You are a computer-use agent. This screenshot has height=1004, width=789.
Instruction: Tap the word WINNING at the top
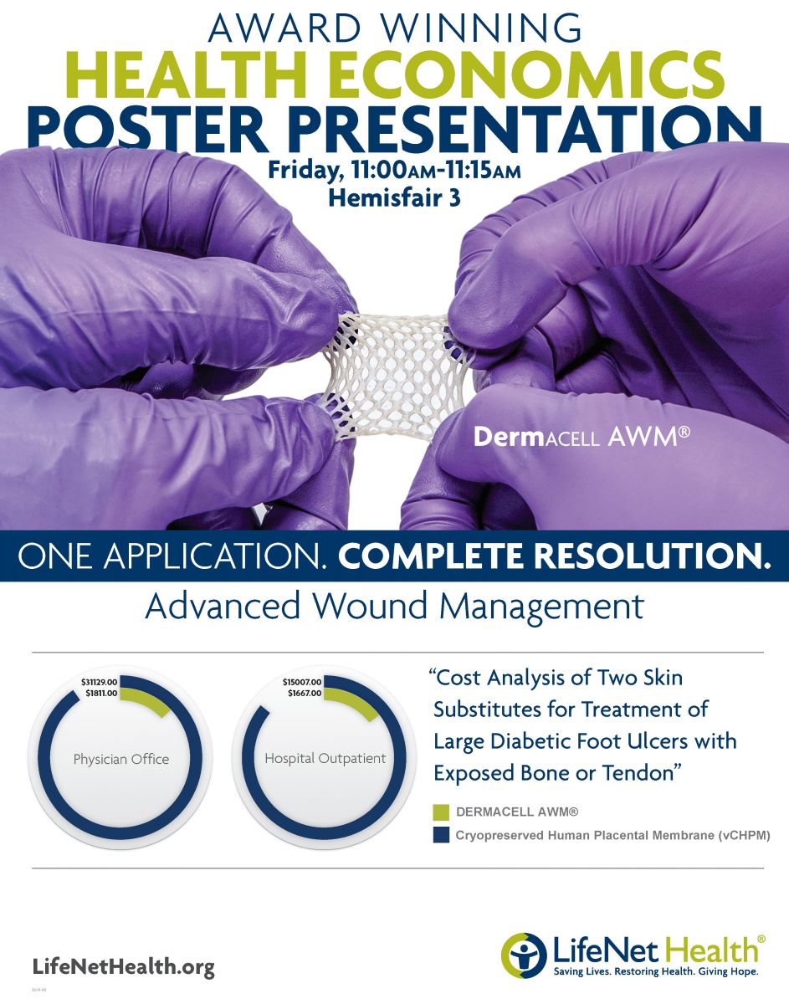482,28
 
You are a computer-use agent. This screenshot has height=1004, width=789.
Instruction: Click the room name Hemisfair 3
394,198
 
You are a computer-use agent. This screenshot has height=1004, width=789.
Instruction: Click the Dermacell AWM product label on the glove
582,437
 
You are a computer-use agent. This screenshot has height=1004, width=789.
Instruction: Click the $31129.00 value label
100,682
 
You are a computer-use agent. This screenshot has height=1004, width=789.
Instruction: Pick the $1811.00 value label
101,693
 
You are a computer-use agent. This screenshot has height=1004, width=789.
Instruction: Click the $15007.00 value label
302,682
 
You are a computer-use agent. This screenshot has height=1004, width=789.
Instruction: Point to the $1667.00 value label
305,693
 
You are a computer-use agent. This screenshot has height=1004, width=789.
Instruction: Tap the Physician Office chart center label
121,759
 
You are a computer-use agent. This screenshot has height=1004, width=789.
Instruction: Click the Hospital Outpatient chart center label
325,758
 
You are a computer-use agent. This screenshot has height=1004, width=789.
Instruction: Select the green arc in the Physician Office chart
147,698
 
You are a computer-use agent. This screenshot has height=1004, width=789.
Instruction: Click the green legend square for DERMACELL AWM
441,812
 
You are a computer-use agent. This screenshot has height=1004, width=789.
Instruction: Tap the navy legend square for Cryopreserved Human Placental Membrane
441,835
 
